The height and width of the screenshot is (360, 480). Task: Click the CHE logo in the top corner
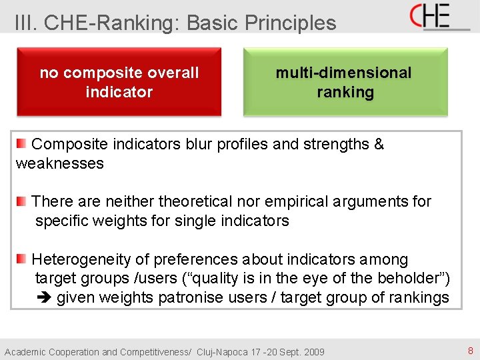[439, 16]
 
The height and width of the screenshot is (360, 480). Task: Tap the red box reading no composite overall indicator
[119, 82]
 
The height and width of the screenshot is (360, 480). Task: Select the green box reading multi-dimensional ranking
[345, 82]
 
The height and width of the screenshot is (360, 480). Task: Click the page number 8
[470, 351]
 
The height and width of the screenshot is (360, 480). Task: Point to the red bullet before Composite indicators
[22, 143]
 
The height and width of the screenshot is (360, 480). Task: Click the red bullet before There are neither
[22, 201]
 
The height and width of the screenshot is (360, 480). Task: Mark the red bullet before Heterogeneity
[22, 259]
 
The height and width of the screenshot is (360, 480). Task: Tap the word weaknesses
[60, 163]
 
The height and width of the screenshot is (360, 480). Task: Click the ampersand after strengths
[379, 144]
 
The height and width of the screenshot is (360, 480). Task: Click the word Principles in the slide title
[291, 23]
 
